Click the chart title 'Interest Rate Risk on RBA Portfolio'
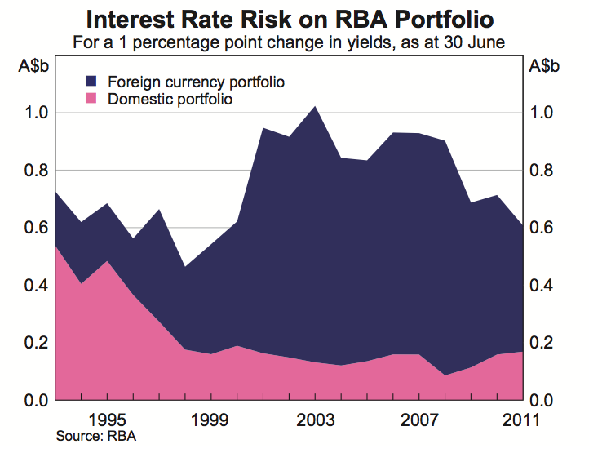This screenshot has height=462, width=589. (x=295, y=18)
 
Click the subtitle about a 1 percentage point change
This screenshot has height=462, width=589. (x=294, y=42)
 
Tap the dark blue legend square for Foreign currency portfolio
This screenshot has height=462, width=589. (x=91, y=82)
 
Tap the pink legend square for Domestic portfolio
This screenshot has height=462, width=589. (x=91, y=99)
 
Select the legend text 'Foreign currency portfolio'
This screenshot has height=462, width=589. (x=184, y=82)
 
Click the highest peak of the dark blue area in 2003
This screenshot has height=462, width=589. (x=316, y=107)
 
